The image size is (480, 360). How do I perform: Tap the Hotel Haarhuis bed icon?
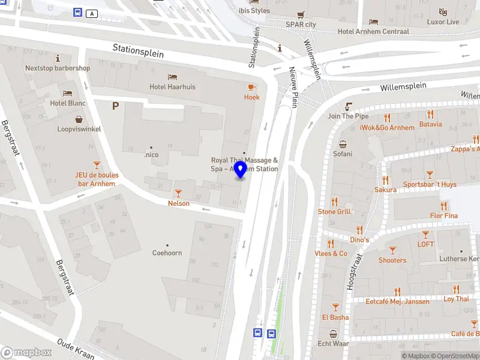pyautogui.click(x=173, y=77)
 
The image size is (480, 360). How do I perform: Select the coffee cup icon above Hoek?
pyautogui.click(x=252, y=87)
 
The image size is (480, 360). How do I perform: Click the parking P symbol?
pyautogui.click(x=115, y=106)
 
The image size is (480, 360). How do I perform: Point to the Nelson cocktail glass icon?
pyautogui.click(x=178, y=193)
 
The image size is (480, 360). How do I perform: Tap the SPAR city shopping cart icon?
pyautogui.click(x=300, y=15)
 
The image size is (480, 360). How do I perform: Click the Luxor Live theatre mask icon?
pyautogui.click(x=443, y=12)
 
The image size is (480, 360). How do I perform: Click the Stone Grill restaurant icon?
pyautogui.click(x=334, y=202)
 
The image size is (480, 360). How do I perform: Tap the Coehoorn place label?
pyautogui.click(x=167, y=253)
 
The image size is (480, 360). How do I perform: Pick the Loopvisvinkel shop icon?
pyautogui.click(x=79, y=119)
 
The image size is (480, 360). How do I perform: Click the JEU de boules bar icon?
pyautogui.click(x=96, y=165)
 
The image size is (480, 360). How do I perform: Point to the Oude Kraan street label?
pyautogui.click(x=76, y=349)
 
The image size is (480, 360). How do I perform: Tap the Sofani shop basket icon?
pyautogui.click(x=343, y=144)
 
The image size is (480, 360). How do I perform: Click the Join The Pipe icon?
pyautogui.click(x=348, y=106)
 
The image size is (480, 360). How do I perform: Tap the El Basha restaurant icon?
pyautogui.click(x=335, y=307)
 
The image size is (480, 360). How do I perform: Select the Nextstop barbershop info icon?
pyautogui.click(x=58, y=58)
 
